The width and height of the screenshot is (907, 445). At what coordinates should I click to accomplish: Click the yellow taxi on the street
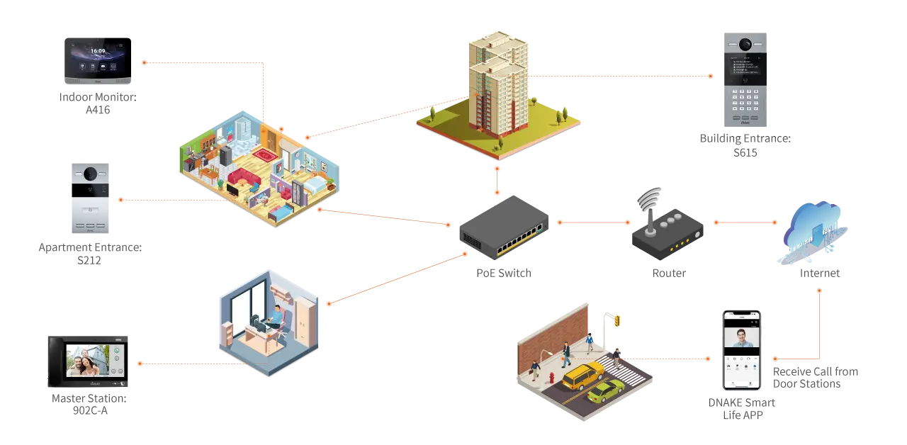pyautogui.click(x=582, y=376)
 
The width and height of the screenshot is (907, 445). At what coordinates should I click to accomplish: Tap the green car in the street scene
pyautogui.click(x=606, y=390)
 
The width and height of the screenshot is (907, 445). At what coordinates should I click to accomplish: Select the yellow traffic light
pyautogui.click(x=617, y=321)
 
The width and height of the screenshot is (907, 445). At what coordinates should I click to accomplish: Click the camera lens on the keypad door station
pyautogui.click(x=745, y=45)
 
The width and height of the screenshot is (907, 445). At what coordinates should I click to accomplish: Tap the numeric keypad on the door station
pyautogui.click(x=745, y=95)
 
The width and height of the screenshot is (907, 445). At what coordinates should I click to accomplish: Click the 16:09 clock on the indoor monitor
pyautogui.click(x=98, y=51)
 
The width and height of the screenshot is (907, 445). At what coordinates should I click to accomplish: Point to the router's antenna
pyautogui.click(x=650, y=201)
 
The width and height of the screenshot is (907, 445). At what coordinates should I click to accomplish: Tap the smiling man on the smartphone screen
pyautogui.click(x=740, y=337)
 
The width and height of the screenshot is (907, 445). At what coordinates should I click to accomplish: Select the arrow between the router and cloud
pyautogui.click(x=745, y=222)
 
